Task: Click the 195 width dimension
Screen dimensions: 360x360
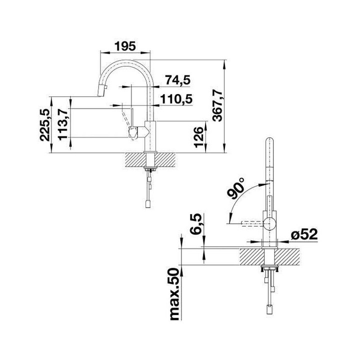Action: [x=125, y=46]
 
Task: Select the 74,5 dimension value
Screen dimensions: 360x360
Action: [x=178, y=80]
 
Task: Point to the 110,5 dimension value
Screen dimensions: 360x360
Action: [x=176, y=99]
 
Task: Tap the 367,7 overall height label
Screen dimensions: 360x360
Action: [x=217, y=105]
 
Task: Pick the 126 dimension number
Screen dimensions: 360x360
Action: [x=198, y=137]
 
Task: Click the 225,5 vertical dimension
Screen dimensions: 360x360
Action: [x=45, y=124]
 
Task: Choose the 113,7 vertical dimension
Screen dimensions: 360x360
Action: [x=62, y=124]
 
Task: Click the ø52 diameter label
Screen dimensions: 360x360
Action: [x=304, y=234]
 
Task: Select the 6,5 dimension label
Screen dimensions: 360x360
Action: [x=195, y=224]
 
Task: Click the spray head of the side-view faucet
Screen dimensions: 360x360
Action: [x=102, y=89]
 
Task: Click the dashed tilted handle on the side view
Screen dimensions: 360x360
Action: [x=126, y=119]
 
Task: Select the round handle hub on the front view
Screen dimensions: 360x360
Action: [x=270, y=223]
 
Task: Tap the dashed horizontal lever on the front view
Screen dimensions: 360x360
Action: [x=252, y=223]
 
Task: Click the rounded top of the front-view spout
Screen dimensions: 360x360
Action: [x=270, y=141]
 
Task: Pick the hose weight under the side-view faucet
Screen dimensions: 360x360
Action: [x=148, y=204]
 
